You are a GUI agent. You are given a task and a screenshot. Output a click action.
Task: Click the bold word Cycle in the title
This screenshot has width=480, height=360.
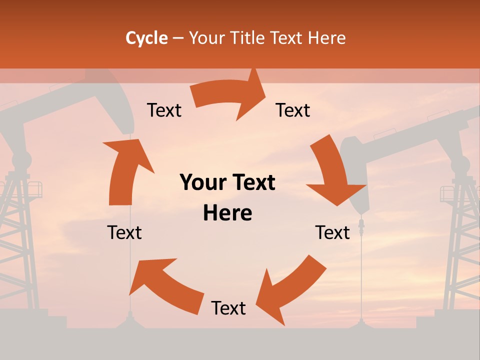pyautogui.click(x=146, y=38)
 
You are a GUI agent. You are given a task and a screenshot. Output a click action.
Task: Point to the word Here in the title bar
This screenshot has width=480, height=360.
pyautogui.click(x=327, y=38)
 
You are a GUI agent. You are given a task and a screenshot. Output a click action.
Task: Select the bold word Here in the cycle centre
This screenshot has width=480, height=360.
pyautogui.click(x=227, y=213)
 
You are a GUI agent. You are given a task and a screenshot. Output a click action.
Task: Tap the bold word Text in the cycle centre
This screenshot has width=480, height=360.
pyautogui.click(x=251, y=182)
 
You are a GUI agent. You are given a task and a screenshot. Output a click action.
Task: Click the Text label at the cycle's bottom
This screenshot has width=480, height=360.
pyautogui.click(x=228, y=308)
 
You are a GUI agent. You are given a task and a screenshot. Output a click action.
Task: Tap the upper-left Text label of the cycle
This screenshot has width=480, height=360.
pyautogui.click(x=164, y=110)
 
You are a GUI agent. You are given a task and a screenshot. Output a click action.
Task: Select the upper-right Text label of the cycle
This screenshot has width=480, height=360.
pyautogui.click(x=293, y=110)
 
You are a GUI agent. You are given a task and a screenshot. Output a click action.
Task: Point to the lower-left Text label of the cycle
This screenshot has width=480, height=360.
pyautogui.click(x=124, y=232)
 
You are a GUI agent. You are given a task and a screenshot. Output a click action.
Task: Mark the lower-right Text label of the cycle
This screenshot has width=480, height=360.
pyautogui.click(x=332, y=232)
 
